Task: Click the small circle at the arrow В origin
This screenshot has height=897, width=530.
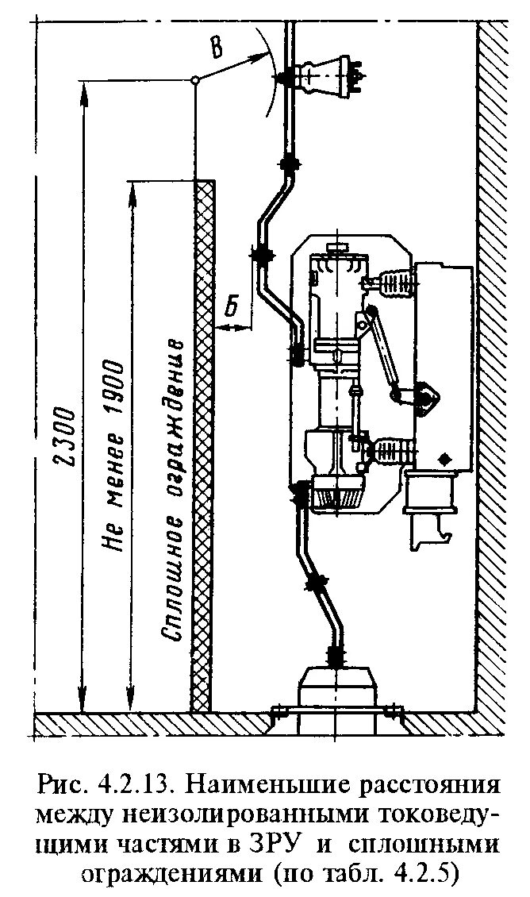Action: (x=194, y=80)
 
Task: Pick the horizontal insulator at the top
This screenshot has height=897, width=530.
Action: (x=325, y=75)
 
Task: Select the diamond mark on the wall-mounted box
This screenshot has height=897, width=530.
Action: (x=444, y=458)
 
